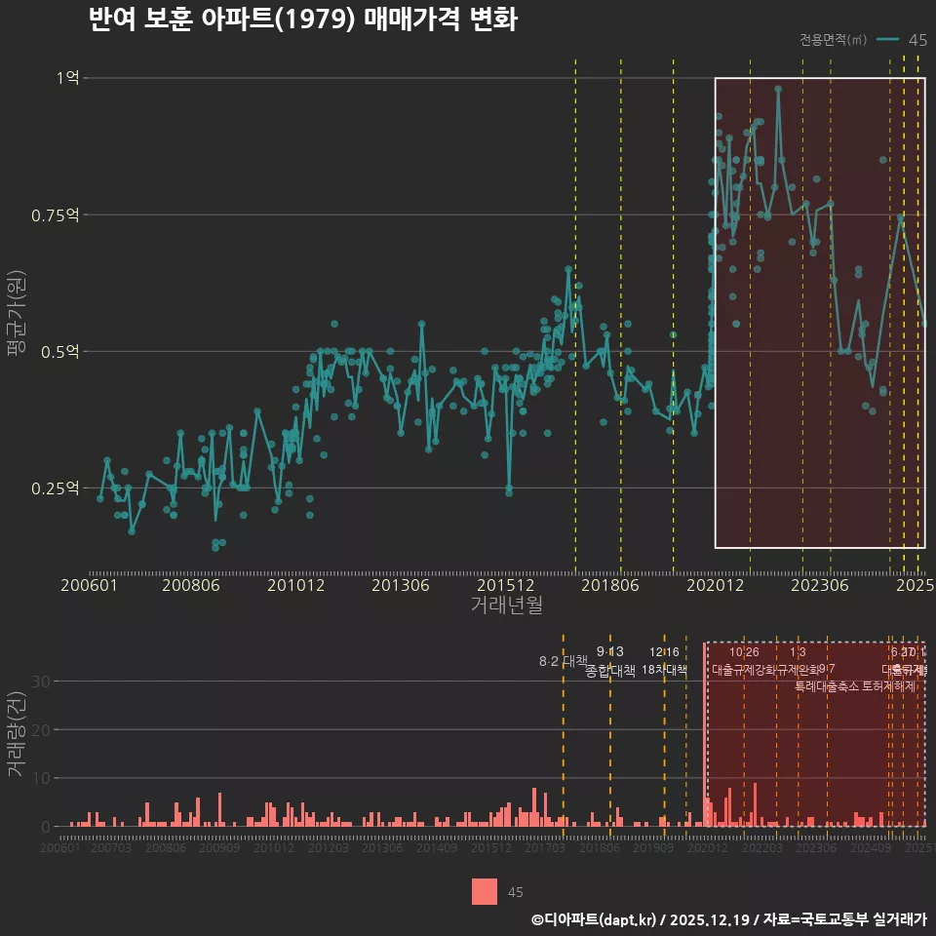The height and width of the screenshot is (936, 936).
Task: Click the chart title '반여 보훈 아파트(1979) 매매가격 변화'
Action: [302, 19]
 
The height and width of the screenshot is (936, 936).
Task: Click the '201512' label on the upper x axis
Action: [505, 585]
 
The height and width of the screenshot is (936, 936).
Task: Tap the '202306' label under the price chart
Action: [820, 585]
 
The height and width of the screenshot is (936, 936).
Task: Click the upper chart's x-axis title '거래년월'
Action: [506, 605]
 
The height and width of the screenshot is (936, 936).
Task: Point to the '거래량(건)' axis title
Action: [17, 734]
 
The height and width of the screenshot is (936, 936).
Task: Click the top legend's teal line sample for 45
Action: [887, 40]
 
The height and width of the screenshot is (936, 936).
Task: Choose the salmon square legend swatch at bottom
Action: [485, 891]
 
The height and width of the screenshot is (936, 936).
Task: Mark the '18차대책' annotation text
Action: [664, 670]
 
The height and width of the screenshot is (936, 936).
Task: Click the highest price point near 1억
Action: [778, 89]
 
